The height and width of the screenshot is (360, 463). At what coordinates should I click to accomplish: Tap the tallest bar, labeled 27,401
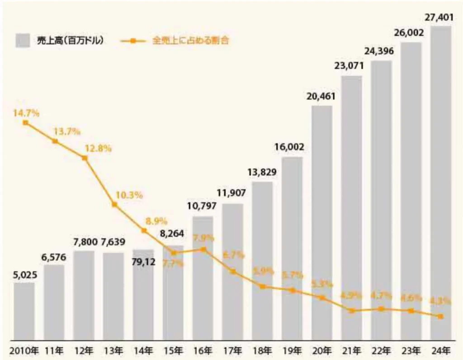441,181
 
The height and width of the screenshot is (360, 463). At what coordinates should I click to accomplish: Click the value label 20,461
322,96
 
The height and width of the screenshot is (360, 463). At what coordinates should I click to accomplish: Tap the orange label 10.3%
129,196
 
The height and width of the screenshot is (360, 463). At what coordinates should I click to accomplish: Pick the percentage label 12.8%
98,149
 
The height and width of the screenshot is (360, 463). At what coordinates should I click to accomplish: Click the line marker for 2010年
25,123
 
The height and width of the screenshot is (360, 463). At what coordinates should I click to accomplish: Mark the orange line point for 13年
114,205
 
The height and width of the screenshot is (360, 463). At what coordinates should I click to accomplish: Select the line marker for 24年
441,316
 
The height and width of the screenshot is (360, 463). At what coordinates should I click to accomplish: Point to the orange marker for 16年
203,249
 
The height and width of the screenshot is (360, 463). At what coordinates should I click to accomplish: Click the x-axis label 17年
233,350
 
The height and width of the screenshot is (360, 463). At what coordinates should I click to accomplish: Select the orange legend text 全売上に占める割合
190,40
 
